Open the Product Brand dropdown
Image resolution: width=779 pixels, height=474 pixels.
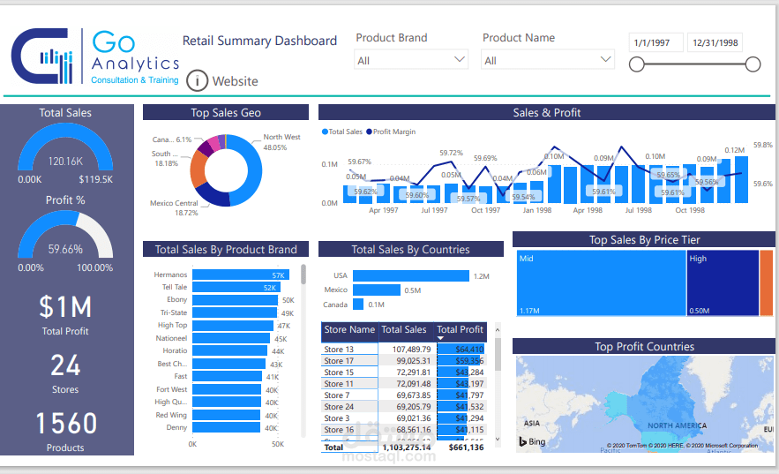click(410, 60)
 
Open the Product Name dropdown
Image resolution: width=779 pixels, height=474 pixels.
click(547, 60)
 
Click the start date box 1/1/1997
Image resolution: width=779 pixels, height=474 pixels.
click(656, 42)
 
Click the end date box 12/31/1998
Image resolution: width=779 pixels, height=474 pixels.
click(715, 42)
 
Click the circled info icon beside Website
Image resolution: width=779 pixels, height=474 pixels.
click(197, 81)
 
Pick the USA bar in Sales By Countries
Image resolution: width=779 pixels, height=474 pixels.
click(410, 275)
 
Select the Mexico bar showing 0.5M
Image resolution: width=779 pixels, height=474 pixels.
click(376, 290)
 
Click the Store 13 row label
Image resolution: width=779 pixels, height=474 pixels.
click(339, 350)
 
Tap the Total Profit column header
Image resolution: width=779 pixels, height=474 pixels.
click(460, 329)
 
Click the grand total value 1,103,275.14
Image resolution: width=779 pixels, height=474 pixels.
click(406, 448)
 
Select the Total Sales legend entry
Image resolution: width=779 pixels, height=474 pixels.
click(344, 132)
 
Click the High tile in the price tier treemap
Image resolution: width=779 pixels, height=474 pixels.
click(723, 283)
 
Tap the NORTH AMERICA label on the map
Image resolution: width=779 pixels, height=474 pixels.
click(677, 425)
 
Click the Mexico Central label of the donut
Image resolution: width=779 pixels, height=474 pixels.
click(174, 207)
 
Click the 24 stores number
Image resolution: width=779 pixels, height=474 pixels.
click(65, 365)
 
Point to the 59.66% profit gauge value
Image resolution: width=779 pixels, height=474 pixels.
click(65, 250)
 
